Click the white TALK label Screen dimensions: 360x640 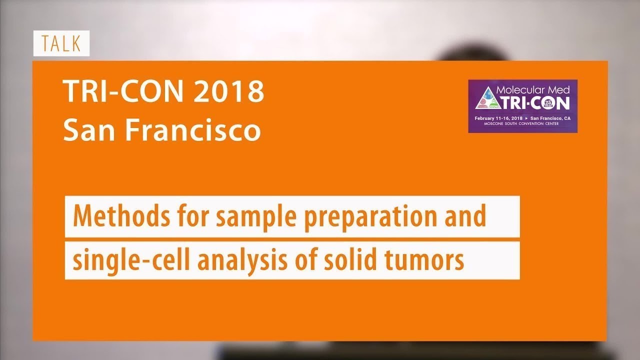click(61, 43)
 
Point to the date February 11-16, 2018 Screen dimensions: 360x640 click(498, 118)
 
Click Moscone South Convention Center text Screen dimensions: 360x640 click(522, 123)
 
